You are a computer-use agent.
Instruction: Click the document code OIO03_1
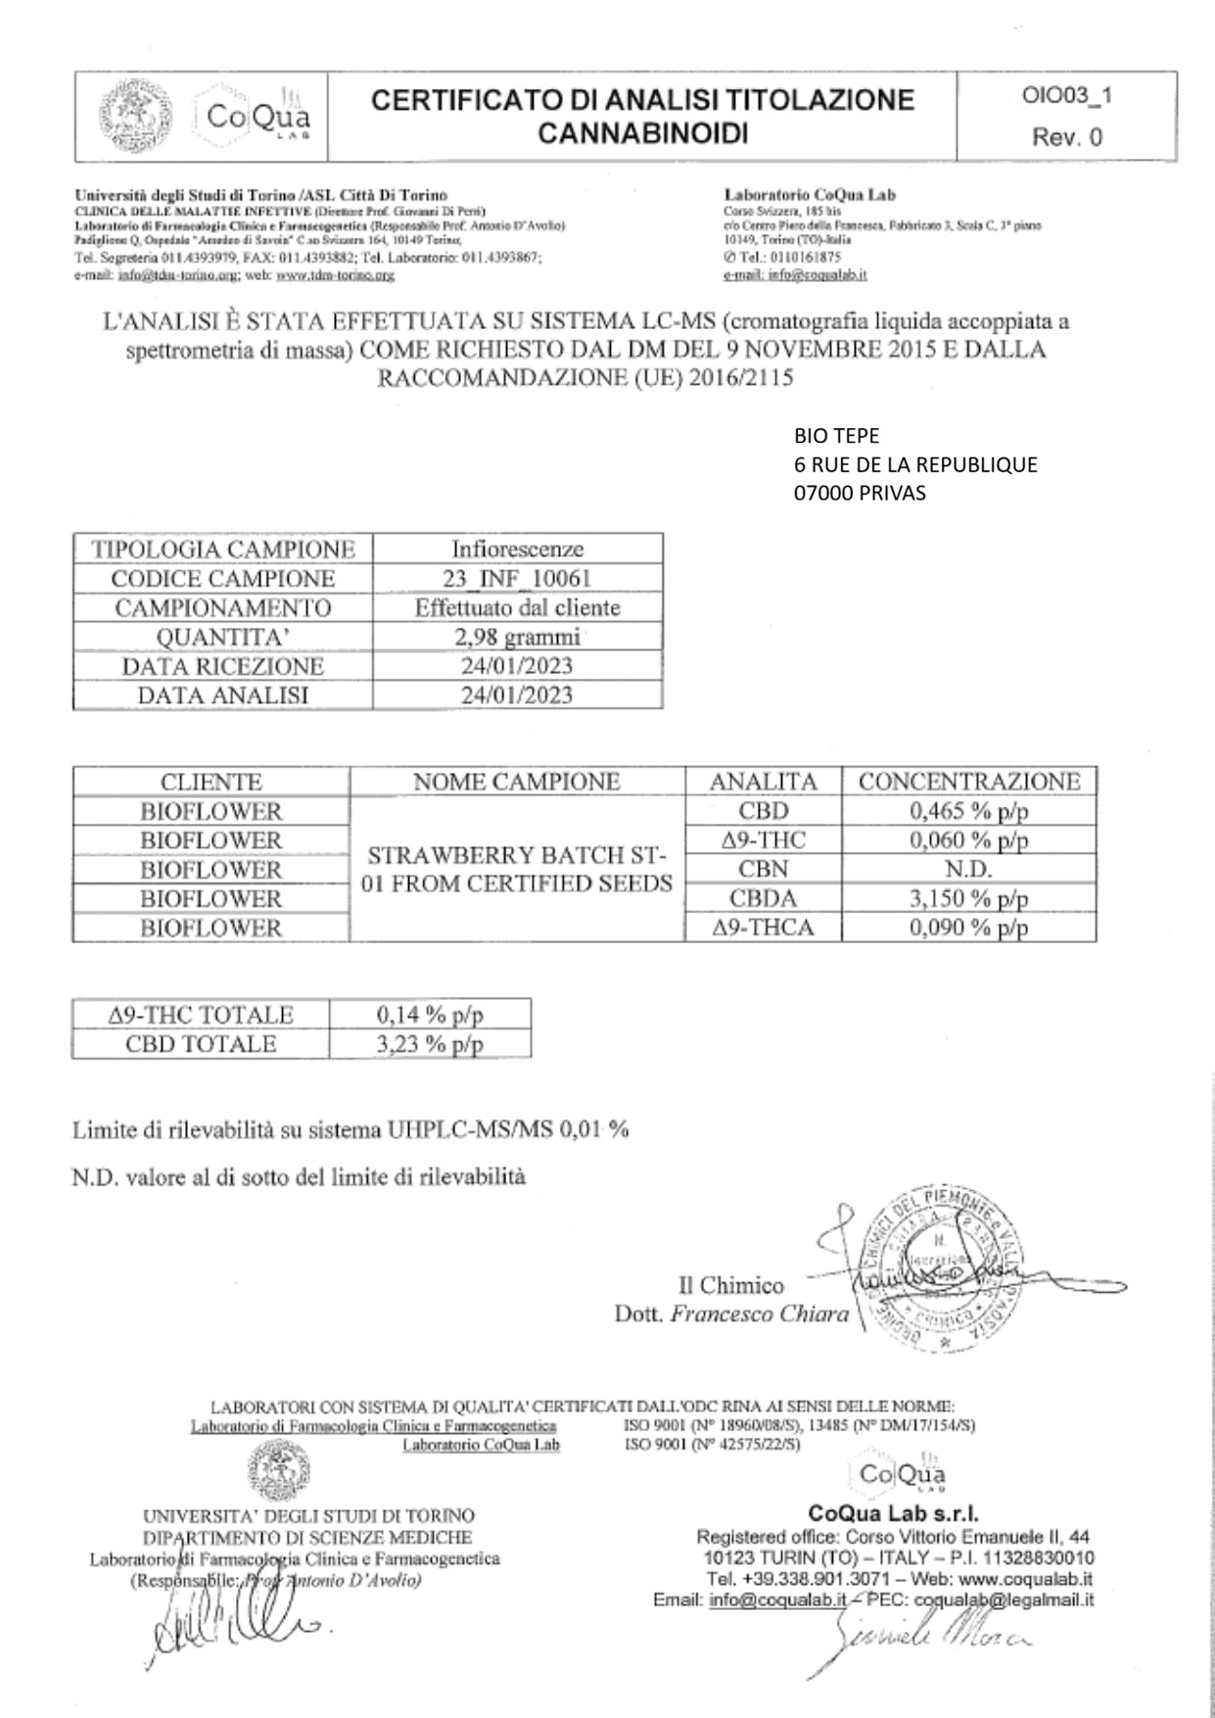pos(1067,96)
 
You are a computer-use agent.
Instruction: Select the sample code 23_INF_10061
pos(517,578)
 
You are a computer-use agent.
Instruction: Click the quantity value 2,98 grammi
pos(517,637)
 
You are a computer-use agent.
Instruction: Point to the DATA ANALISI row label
pos(222,695)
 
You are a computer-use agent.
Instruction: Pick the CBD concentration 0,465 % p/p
pos(968,811)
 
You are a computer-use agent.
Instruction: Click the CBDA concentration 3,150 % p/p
pos(968,898)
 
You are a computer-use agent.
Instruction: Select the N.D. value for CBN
pos(968,869)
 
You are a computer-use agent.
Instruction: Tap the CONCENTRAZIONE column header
pos(968,782)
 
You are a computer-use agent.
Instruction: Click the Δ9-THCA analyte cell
pos(763,928)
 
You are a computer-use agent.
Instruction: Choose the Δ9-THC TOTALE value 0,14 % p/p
pos(430,1015)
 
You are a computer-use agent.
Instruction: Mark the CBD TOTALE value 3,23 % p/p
pos(430,1044)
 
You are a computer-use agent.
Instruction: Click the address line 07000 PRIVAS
pos(859,493)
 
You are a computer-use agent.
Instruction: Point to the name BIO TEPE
pos(836,436)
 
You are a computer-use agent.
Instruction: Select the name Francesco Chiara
pos(760,1314)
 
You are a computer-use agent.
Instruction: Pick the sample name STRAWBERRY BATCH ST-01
pos(517,869)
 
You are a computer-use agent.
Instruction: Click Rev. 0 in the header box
pos(1066,137)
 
